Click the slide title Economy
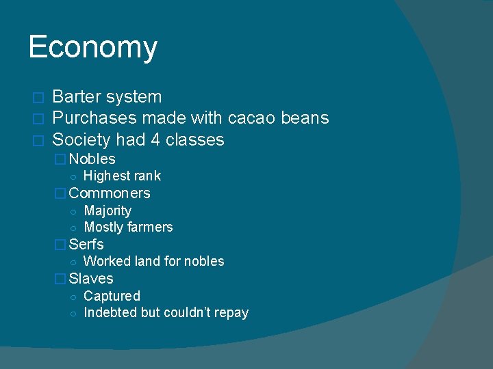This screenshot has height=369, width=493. tap(93, 48)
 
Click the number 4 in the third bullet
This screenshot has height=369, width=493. tap(153, 140)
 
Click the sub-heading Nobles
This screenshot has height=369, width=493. tap(92, 159)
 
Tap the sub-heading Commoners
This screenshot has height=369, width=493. tap(110, 193)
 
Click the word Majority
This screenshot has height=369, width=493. tap(108, 211)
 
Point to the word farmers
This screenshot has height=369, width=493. tap(149, 228)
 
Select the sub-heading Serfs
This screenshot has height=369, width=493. tap(86, 245)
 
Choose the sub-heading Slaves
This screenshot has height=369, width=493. tap(91, 279)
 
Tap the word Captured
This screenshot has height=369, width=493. tap(112, 296)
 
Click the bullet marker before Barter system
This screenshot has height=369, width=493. tap(38, 98)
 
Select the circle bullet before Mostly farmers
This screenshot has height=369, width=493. tap(73, 228)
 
